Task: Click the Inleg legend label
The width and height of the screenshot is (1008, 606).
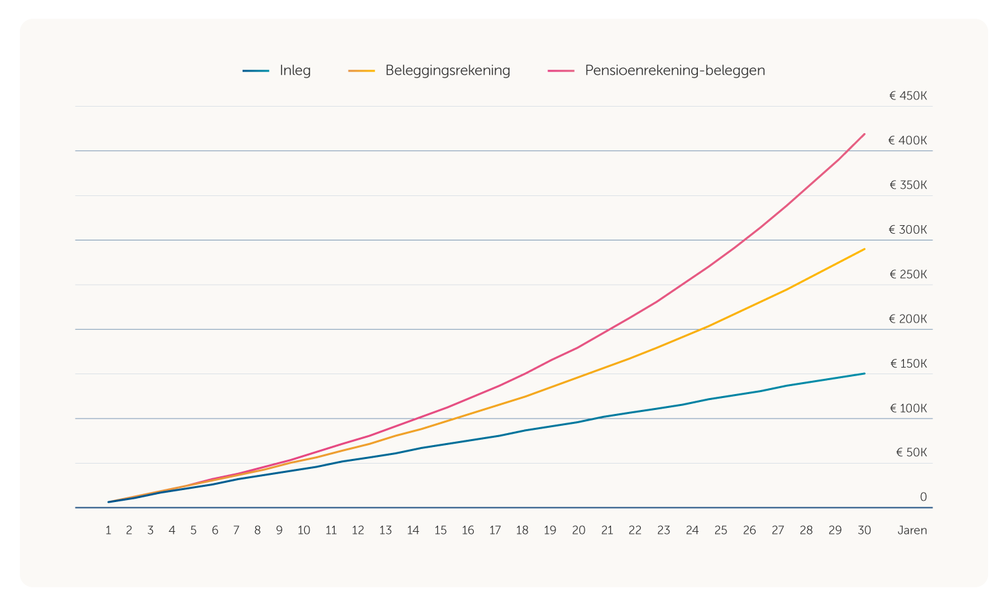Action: (x=295, y=70)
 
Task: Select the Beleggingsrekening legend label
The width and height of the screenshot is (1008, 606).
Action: (x=447, y=70)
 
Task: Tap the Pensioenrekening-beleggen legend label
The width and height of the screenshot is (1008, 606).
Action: (x=675, y=70)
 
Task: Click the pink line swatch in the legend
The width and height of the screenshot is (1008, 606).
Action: (x=561, y=71)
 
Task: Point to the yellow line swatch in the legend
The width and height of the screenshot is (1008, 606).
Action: (x=361, y=71)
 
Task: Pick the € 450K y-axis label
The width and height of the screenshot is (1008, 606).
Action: (x=908, y=96)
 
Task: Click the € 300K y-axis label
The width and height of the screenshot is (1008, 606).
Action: (x=908, y=230)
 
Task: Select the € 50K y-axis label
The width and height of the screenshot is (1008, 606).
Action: (x=911, y=452)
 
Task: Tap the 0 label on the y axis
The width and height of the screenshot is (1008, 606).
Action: (x=923, y=497)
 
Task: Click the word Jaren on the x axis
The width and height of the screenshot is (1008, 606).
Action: (x=912, y=530)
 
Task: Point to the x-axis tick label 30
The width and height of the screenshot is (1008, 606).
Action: (x=864, y=530)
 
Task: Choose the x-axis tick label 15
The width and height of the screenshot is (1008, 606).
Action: (x=441, y=530)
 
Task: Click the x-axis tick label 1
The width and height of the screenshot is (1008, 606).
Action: (x=108, y=530)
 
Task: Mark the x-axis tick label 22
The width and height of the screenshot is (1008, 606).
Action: (x=635, y=530)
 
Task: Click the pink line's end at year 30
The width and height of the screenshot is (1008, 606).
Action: (x=864, y=134)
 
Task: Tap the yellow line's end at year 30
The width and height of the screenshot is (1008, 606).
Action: (x=864, y=249)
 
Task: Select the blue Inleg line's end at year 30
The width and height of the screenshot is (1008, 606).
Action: (x=864, y=374)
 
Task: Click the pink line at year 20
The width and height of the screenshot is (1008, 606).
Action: (x=579, y=347)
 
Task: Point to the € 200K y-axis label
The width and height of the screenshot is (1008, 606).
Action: (x=908, y=319)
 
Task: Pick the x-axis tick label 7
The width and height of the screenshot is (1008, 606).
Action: (x=236, y=530)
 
